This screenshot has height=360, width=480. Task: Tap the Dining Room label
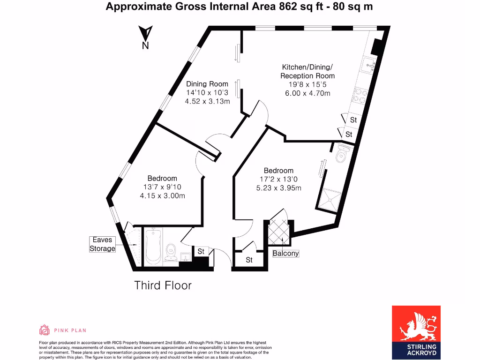tap(207, 84)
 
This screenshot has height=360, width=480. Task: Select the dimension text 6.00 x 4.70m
tap(307, 93)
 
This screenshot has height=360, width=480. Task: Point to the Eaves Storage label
tap(102, 244)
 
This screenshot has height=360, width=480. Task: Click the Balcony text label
tap(285, 253)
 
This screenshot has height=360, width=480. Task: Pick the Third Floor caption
tap(163, 285)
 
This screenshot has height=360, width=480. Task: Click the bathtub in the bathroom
tap(153, 247)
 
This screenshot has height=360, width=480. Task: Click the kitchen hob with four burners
tap(361, 96)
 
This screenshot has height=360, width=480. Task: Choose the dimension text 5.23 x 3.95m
tap(278, 188)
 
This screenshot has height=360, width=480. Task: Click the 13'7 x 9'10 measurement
tap(162, 187)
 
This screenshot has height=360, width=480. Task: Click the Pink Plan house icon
tap(45, 330)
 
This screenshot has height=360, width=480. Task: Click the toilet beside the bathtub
tap(171, 250)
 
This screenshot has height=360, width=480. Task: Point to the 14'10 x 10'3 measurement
tap(207, 93)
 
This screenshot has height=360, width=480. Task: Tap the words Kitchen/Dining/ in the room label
tap(307, 67)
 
